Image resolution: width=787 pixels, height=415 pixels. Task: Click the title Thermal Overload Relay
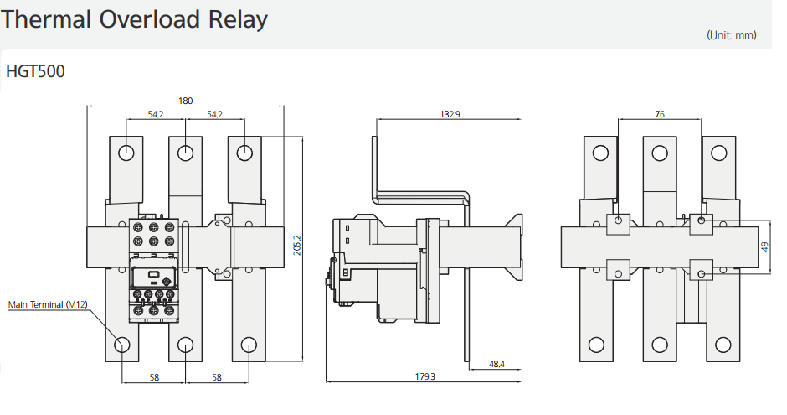[x=135, y=19]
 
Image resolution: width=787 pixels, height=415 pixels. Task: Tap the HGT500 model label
[x=35, y=71]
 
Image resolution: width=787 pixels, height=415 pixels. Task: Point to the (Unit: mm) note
[x=731, y=35]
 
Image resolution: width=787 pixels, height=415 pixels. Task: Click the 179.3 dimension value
[x=425, y=376]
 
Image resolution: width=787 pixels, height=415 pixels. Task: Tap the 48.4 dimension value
[x=496, y=365]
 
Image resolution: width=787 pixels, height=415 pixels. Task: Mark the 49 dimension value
[x=764, y=246]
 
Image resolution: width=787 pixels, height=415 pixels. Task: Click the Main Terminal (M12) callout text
[x=48, y=304]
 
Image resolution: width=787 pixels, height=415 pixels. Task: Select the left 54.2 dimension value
[x=156, y=114]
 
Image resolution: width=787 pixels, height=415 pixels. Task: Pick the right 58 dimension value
[x=217, y=378]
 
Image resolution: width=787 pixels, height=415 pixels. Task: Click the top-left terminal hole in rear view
[x=599, y=153]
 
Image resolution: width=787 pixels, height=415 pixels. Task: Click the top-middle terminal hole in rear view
[x=660, y=153]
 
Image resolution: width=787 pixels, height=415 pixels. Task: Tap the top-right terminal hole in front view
[x=244, y=153]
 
